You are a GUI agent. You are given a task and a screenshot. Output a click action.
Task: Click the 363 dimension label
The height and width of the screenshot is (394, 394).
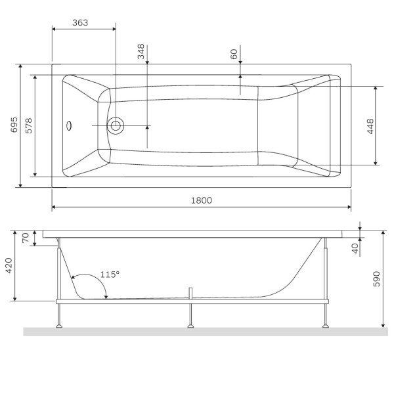coord(79,22)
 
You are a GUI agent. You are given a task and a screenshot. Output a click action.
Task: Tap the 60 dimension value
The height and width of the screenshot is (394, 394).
coord(234,54)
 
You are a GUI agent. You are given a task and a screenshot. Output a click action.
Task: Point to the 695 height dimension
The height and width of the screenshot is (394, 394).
coord(14,125)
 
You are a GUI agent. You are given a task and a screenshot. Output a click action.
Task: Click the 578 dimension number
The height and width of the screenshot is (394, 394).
coord(28,125)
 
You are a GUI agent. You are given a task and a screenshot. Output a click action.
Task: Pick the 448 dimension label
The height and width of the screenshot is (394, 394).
coord(370,125)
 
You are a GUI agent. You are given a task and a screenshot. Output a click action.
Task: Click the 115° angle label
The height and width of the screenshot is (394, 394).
coord(110,274)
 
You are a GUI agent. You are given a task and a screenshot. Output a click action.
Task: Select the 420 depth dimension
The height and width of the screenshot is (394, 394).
coord(9,267)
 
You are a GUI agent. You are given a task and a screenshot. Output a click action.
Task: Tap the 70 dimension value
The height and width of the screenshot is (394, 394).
coord(26,238)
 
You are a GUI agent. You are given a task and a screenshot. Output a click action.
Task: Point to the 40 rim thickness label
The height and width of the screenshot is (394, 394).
coord(355,248)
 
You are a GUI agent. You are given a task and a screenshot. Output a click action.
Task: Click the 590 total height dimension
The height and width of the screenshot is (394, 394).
coord(378,278)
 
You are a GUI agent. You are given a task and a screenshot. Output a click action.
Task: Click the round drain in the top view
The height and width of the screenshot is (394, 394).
coord(116,125)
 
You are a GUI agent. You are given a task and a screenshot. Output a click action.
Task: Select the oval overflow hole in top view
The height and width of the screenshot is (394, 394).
coord(70,125)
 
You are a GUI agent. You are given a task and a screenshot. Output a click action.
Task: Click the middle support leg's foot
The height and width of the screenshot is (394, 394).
coord(190,324)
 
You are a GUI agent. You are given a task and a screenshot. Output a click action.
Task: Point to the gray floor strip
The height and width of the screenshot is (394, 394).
coord(197,332)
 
